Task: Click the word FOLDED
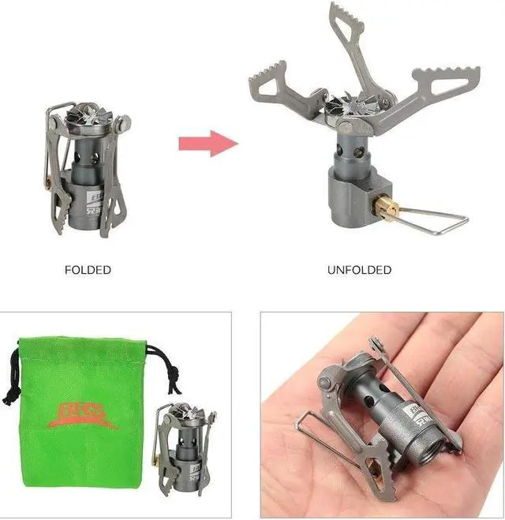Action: pos(88,270)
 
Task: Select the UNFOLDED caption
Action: pos(359,270)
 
